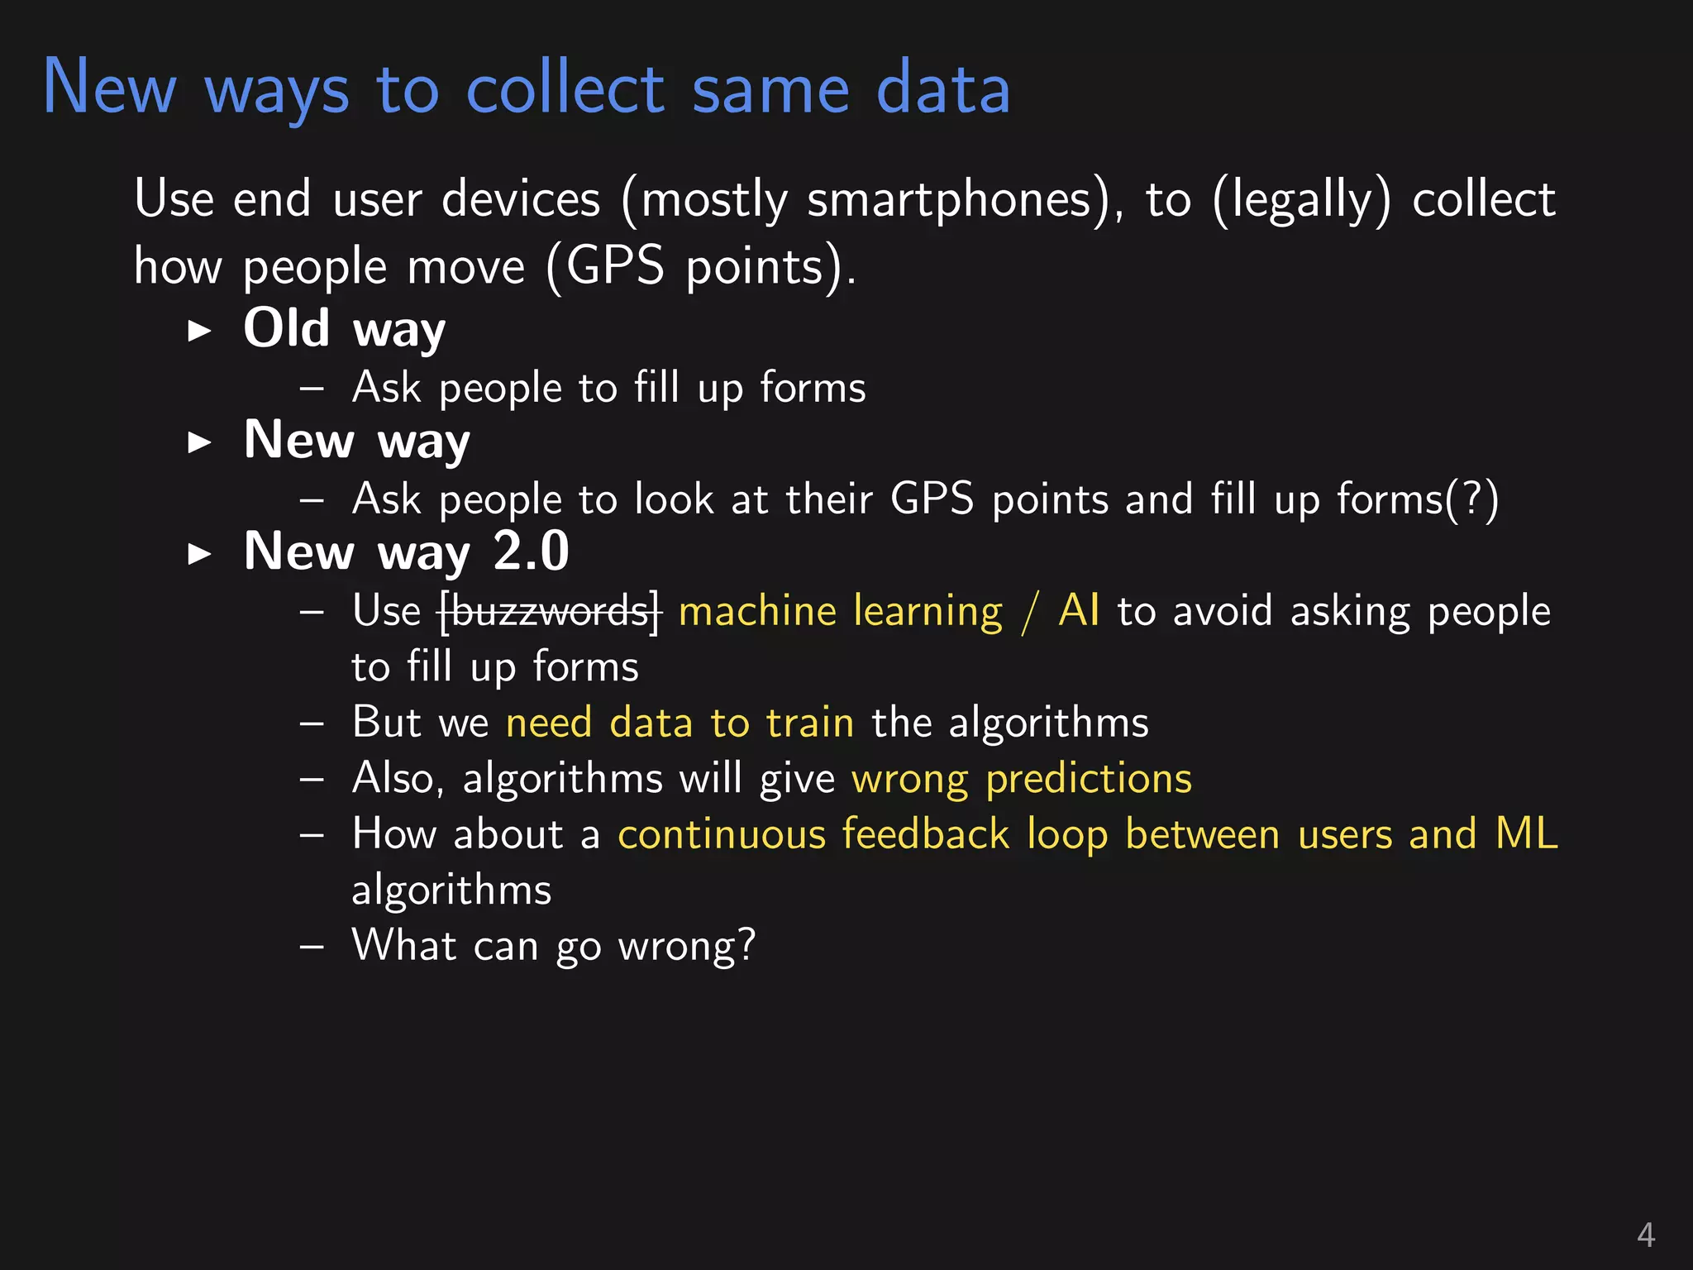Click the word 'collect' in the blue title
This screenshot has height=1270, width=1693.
click(565, 88)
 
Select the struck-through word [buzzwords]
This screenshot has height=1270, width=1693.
click(551, 613)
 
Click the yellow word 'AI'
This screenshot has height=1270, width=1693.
click(1079, 611)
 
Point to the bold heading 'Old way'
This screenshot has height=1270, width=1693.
click(344, 329)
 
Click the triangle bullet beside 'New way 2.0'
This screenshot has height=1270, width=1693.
click(199, 553)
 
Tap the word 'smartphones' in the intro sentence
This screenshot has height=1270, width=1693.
click(949, 200)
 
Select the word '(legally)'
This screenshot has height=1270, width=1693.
click(1302, 200)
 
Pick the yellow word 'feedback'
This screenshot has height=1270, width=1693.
click(926, 834)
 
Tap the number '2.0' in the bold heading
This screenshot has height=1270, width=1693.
click(531, 551)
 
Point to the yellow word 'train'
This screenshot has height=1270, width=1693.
click(809, 723)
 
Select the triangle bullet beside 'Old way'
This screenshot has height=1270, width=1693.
click(199, 331)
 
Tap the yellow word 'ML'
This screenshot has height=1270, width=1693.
click(1527, 834)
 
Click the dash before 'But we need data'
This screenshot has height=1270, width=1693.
click(312, 723)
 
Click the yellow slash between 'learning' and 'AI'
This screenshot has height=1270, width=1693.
click(1030, 613)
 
